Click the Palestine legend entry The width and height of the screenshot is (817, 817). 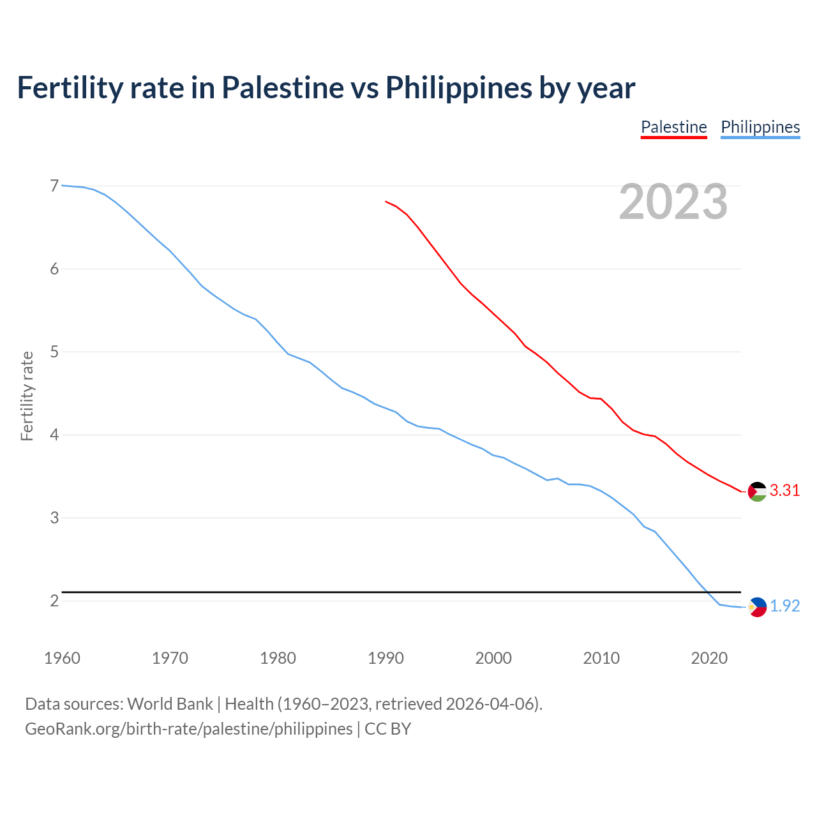click(x=673, y=127)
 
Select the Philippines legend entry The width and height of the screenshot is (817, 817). click(x=760, y=127)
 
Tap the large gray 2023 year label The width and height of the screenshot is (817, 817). click(x=673, y=202)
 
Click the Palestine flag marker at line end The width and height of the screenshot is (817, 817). click(x=757, y=491)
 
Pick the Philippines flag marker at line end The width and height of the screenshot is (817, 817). click(x=757, y=607)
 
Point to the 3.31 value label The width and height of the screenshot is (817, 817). click(x=784, y=491)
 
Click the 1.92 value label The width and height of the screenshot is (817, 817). click(x=784, y=606)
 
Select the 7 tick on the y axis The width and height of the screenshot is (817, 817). click(x=54, y=186)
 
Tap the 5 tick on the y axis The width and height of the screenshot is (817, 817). click(x=54, y=352)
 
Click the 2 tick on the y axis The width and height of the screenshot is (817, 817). click(x=54, y=601)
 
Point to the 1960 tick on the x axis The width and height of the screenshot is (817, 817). click(x=62, y=658)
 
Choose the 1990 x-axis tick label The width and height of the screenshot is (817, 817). click(x=386, y=658)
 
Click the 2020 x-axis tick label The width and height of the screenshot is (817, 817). click(x=709, y=658)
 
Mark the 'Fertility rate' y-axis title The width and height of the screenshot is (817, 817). click(x=27, y=396)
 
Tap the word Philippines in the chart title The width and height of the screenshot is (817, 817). click(x=460, y=87)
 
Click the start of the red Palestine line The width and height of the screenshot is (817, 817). click(x=386, y=201)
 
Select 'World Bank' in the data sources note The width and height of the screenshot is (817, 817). click(x=170, y=704)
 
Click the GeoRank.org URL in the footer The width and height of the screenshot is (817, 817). click(x=188, y=729)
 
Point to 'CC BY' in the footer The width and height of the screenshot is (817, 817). click(x=387, y=729)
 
